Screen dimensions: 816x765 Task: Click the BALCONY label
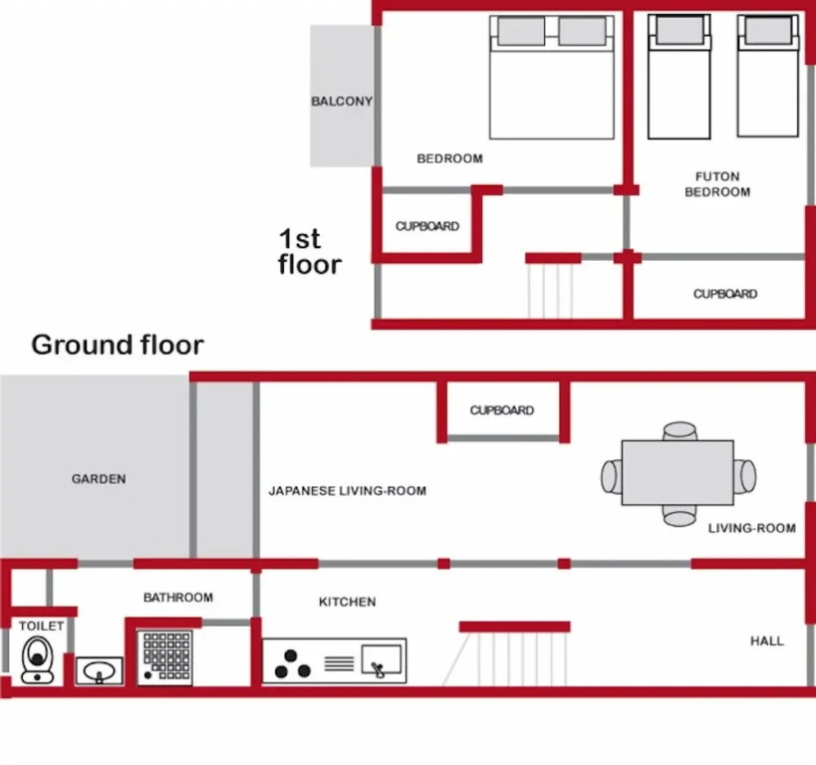(342, 101)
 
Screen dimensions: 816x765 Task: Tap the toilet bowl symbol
(38, 659)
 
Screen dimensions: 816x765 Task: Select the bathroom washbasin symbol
(99, 670)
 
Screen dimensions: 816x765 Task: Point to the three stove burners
(292, 664)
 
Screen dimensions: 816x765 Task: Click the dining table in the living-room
(678, 472)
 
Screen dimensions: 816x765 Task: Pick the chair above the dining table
(680, 431)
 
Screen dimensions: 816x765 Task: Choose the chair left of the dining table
(612, 476)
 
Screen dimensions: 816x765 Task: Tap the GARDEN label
(99, 479)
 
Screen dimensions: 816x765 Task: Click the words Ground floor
(118, 345)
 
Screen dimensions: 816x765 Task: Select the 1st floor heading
(309, 251)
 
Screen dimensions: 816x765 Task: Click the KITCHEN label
(347, 602)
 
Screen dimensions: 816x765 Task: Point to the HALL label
(766, 641)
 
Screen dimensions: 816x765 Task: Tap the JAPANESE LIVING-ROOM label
(347, 491)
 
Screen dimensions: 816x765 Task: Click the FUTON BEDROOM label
(717, 184)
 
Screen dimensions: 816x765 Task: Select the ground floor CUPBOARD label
(502, 410)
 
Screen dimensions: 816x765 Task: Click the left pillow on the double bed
(521, 31)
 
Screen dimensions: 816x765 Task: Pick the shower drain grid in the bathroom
(165, 656)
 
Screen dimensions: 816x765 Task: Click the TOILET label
(41, 627)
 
